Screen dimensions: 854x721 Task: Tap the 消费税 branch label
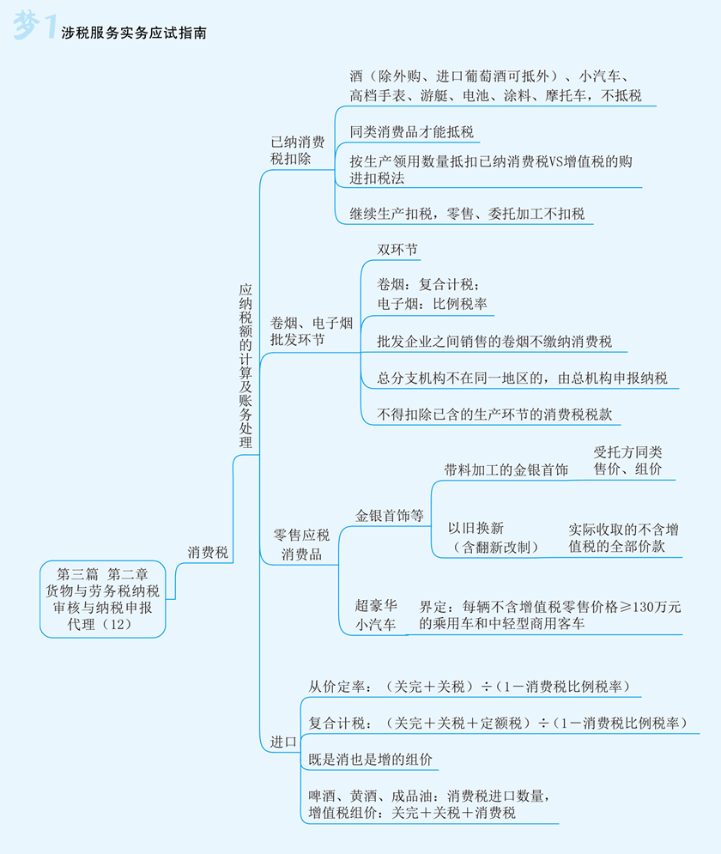pyautogui.click(x=208, y=553)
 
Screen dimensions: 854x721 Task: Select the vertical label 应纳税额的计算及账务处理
pyautogui.click(x=245, y=366)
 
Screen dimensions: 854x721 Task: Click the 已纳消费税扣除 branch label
pyautogui.click(x=297, y=151)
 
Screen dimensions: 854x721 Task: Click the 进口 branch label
pyautogui.click(x=283, y=740)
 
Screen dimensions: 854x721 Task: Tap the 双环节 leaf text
pyautogui.click(x=397, y=250)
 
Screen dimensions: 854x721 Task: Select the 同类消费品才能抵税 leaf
pyautogui.click(x=411, y=132)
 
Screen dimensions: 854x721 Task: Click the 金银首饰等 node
pyautogui.click(x=390, y=515)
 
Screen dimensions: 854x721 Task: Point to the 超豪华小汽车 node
pyautogui.click(x=376, y=615)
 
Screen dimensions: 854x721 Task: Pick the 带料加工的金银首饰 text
pyautogui.click(x=506, y=469)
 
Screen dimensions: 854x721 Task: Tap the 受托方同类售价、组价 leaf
pyautogui.click(x=627, y=460)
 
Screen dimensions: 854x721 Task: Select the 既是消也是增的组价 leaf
pyautogui.click(x=370, y=760)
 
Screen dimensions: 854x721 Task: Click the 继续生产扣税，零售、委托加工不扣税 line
pyautogui.click(x=467, y=214)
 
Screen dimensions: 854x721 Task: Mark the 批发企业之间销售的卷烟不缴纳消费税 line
pyautogui.click(x=494, y=342)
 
